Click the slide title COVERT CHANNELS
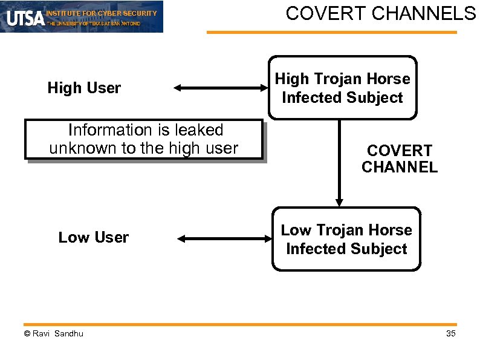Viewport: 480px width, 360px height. point(381,13)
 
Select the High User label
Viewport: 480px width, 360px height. point(84,88)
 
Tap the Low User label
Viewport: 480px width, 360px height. point(93,238)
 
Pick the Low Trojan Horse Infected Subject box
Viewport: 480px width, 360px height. point(346,239)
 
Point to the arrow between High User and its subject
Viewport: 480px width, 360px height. point(220,88)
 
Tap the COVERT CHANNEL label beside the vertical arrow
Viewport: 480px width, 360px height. point(399,159)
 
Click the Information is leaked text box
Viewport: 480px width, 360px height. point(144,139)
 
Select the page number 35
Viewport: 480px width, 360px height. point(450,334)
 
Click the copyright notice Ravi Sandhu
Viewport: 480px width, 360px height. point(54,334)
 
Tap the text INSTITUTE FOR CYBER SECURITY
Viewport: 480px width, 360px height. point(102,13)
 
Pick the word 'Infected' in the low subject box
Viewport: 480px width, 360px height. point(314,249)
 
